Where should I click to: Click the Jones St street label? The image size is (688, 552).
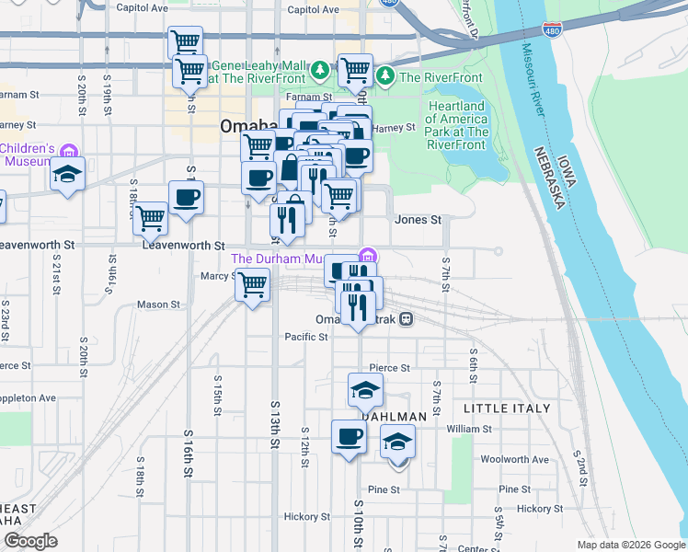(x=418, y=220)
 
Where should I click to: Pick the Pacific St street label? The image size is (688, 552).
(x=305, y=337)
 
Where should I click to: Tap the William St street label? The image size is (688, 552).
(x=469, y=429)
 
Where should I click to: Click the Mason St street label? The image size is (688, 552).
(x=158, y=305)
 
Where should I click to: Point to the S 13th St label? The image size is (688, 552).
(x=274, y=423)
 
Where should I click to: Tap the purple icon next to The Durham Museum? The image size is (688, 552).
(x=368, y=255)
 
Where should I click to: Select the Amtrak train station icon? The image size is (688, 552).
(x=406, y=319)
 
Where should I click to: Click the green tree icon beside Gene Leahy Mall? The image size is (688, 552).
(x=319, y=69)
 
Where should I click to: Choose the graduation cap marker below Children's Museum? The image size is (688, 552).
(x=68, y=174)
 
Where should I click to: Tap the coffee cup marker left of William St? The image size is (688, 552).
(x=349, y=436)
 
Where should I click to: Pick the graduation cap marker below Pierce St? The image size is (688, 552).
(x=365, y=390)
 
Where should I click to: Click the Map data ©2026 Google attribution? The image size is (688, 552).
(x=630, y=545)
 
